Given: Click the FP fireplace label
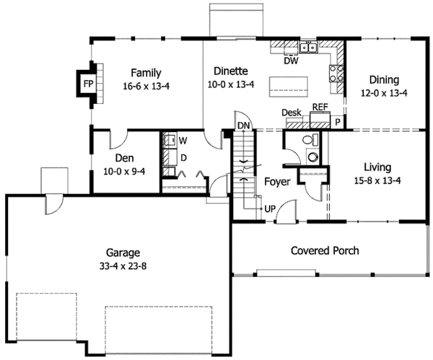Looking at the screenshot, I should coord(88,84).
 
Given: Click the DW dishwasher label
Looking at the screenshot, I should coord(291,61).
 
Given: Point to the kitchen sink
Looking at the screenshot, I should coord(310,48).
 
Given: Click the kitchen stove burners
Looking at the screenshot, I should coord(336,72).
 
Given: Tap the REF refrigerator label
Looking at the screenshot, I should coord(320,107).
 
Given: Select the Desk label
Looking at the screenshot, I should coord(291,113).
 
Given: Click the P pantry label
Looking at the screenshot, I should coord(336,123).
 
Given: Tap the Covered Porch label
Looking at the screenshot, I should coord(325,251).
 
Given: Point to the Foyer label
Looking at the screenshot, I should coord(276,181).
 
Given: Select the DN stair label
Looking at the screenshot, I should coord(244,126).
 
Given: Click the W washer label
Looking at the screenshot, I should coord(183,140).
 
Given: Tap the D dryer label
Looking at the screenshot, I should coord(183,157).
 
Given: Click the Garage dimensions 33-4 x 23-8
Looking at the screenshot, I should coord(123,265).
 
